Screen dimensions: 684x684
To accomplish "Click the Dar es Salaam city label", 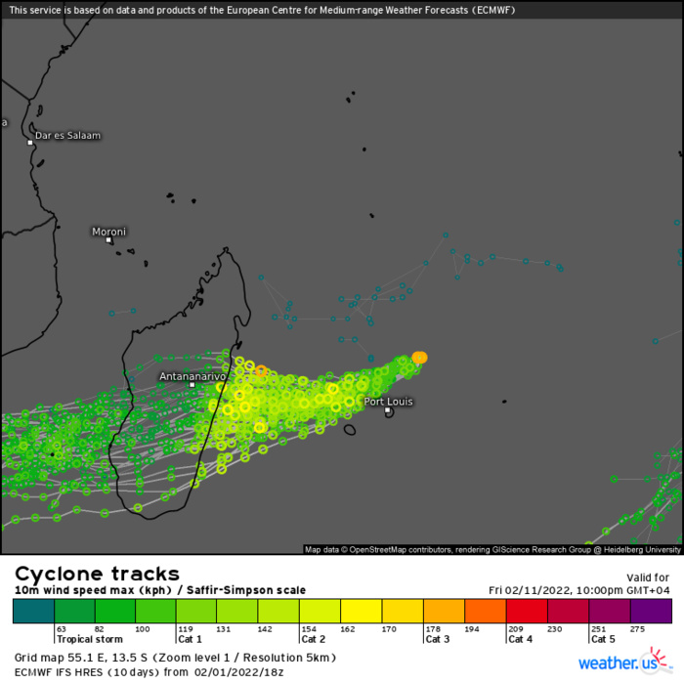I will tap(67, 136).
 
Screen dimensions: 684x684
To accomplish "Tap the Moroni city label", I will tap(108, 232).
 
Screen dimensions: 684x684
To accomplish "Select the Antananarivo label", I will tap(192, 375).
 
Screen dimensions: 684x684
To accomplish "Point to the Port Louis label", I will tap(389, 402).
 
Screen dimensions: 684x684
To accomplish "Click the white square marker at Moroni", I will tap(108, 239).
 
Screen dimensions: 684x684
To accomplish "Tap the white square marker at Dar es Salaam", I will tap(30, 143).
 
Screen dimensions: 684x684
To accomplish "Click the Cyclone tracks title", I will tap(97, 574).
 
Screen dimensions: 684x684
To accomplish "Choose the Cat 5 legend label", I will tap(603, 639).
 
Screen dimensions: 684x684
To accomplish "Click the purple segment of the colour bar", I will tap(651, 612).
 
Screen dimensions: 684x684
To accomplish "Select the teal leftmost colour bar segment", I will tap(33, 612).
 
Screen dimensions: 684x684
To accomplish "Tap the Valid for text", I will tap(647, 577).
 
